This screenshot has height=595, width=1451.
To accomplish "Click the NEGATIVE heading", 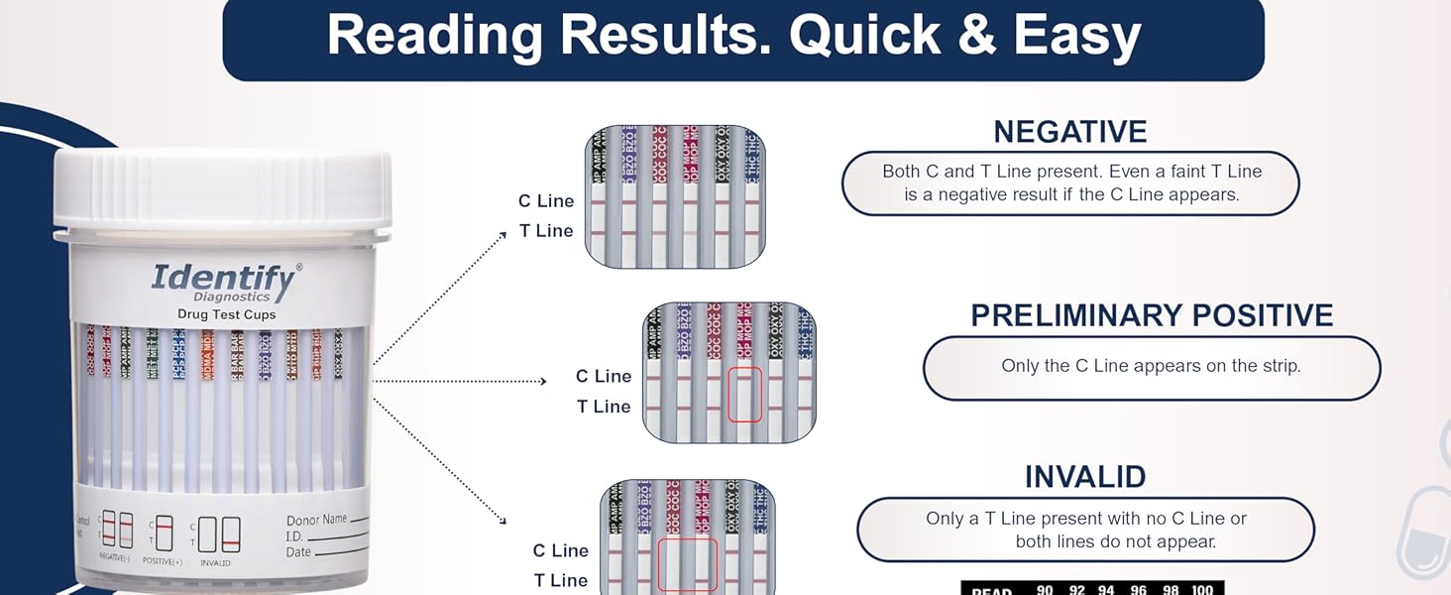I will click(x=1069, y=132).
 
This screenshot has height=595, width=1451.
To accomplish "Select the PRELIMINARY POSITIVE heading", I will click(x=1152, y=315).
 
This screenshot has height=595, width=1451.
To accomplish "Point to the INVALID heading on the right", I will click(x=1084, y=477).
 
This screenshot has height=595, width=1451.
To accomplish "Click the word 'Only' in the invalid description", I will click(x=946, y=519).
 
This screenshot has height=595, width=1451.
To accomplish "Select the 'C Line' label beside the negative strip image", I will click(x=546, y=201).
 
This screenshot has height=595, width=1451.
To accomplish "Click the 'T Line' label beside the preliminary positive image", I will click(x=604, y=407).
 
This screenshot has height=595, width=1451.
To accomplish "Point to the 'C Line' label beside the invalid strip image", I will click(x=560, y=551).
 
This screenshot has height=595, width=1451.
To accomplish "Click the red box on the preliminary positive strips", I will click(x=744, y=394).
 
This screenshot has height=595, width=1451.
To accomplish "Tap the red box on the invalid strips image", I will click(x=687, y=564).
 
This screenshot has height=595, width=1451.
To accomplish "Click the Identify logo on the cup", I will click(x=225, y=279).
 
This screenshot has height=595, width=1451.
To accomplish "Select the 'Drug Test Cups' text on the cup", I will click(x=226, y=315).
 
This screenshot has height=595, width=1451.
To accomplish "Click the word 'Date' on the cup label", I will click(x=298, y=552).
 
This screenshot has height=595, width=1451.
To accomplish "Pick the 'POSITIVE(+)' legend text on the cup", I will click(x=162, y=562).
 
